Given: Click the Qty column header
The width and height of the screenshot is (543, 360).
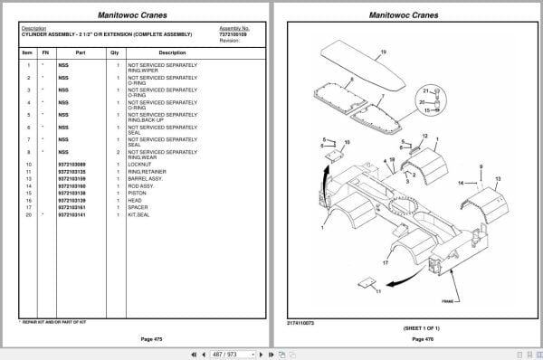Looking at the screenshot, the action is click(x=115, y=52).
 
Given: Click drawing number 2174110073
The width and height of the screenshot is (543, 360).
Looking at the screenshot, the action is click(x=301, y=321).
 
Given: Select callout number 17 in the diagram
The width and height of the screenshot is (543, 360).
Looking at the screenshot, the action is click(x=385, y=261).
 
